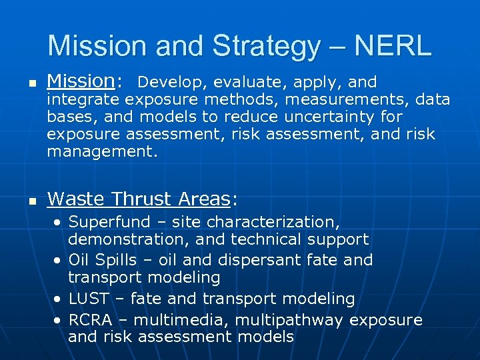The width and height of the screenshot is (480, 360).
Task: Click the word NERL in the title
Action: point(393,46)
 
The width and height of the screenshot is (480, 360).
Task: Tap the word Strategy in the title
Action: point(266,46)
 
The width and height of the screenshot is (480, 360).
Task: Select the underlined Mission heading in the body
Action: point(81,81)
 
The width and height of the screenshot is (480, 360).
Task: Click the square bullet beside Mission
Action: point(25,83)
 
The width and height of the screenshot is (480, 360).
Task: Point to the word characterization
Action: point(271,222)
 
